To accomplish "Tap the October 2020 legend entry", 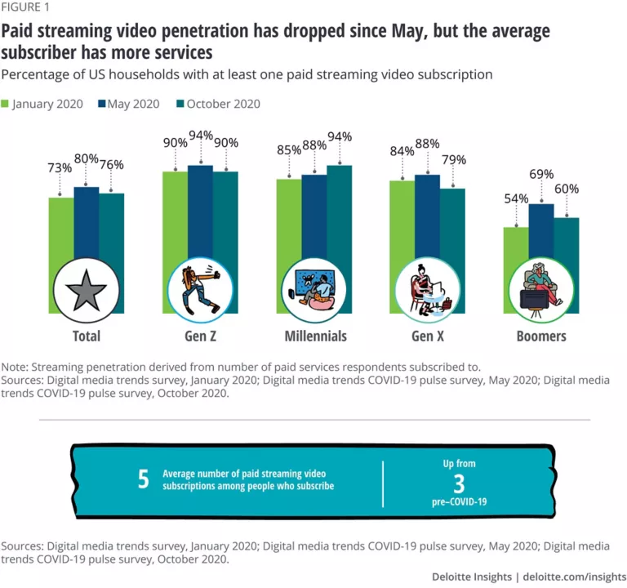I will pyautogui.click(x=216, y=104).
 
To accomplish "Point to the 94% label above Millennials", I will pyautogui.click(x=339, y=136).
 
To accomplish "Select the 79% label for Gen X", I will pyautogui.click(x=453, y=159).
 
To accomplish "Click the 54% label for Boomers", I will pyautogui.click(x=516, y=198).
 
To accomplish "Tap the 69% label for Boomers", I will pyautogui.click(x=541, y=174).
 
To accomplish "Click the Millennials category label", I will pyautogui.click(x=315, y=336).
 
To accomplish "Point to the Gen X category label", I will pyautogui.click(x=429, y=336).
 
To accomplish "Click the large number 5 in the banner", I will pyautogui.click(x=144, y=479).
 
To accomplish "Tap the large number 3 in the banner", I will pyautogui.click(x=459, y=482).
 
